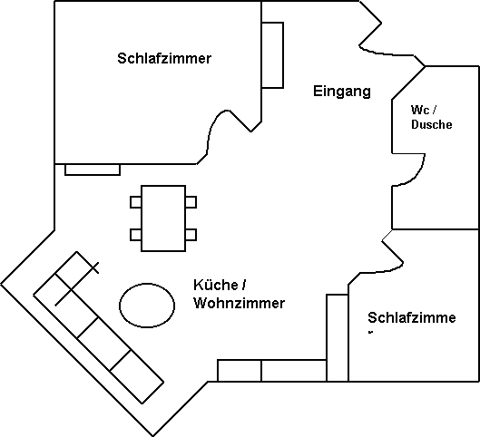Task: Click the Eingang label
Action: coord(342,92)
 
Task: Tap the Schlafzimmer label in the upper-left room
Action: coord(164,58)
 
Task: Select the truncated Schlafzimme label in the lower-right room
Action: coord(411,317)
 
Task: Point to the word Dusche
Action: coord(432,124)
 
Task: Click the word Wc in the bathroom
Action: coord(420,110)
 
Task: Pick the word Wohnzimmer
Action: coord(239,304)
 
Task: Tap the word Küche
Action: coord(216,285)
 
